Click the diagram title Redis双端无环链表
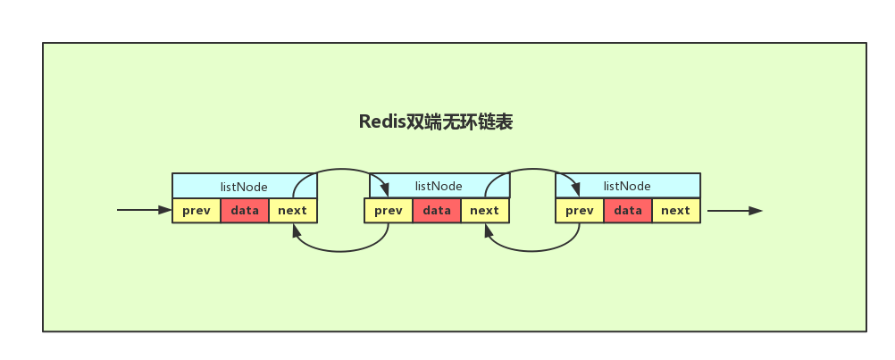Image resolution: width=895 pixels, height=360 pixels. pos(436,122)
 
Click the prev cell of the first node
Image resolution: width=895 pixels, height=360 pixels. pos(197,211)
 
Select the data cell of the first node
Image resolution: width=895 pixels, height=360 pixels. pos(245,211)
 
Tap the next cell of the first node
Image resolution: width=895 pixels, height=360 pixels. pos(293,211)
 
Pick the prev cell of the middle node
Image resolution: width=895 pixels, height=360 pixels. pos(389,211)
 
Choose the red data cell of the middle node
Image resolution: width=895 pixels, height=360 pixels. pos(437,211)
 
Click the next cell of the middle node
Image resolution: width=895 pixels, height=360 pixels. pos(484,211)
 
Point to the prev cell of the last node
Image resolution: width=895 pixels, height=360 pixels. pos(580,211)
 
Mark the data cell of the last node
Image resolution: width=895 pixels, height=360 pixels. pos(628,211)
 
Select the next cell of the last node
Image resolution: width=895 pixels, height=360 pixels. pos(676,211)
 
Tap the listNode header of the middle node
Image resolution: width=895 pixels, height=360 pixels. pos(439,186)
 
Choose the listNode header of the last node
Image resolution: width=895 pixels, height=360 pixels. pos(627,186)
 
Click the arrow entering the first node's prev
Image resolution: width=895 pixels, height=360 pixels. pos(143,211)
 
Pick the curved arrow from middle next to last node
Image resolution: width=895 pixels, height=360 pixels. pos(533,171)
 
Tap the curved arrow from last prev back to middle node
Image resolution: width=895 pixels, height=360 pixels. pos(534,251)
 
